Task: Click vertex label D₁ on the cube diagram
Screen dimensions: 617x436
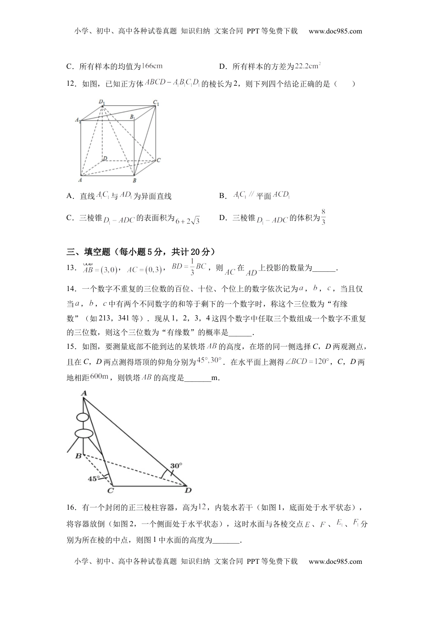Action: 101,102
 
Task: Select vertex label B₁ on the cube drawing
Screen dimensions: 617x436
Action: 132,117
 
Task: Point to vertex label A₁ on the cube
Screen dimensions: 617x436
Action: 78,120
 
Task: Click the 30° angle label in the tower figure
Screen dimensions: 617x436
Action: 176,465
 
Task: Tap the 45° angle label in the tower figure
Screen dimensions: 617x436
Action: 93,479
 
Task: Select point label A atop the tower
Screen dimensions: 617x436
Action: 84,393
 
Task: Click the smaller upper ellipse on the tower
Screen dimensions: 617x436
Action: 83,417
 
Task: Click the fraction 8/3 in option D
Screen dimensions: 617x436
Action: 323,217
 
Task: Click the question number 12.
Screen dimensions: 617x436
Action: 72,84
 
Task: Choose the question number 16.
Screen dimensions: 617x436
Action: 72,507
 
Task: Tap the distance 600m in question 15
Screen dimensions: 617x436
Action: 99,377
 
